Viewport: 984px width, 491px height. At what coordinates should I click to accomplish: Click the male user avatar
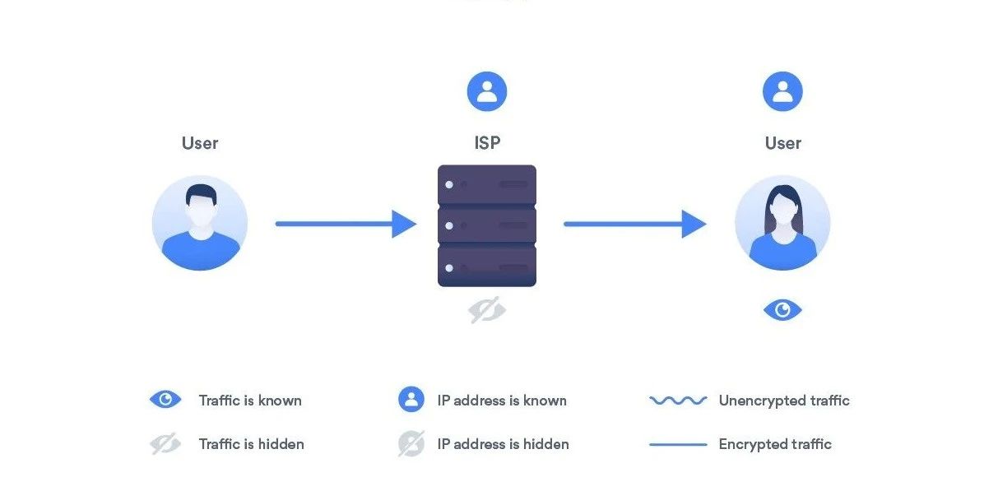pyautogui.click(x=200, y=223)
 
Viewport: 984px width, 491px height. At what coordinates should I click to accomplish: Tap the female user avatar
pyautogui.click(x=782, y=223)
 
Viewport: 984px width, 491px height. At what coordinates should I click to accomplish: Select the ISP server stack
pyautogui.click(x=487, y=225)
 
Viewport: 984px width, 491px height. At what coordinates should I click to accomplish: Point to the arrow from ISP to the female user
pyautogui.click(x=634, y=223)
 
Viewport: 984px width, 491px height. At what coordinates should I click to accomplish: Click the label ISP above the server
pyautogui.click(x=487, y=143)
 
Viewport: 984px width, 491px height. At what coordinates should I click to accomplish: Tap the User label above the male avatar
pyautogui.click(x=200, y=143)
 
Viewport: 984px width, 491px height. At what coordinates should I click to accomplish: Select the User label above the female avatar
pyautogui.click(x=782, y=143)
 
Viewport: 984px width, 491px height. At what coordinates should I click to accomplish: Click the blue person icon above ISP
pyautogui.click(x=487, y=91)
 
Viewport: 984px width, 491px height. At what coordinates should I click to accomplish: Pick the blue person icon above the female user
pyautogui.click(x=782, y=91)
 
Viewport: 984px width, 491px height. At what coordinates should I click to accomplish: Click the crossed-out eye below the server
pyautogui.click(x=487, y=311)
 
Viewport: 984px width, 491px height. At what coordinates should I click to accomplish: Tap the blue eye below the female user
pyautogui.click(x=782, y=310)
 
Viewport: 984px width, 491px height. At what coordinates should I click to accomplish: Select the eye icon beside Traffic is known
pyautogui.click(x=165, y=401)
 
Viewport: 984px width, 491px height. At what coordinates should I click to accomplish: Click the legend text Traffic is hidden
pyautogui.click(x=251, y=444)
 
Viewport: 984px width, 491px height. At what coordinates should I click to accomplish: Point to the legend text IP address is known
pyautogui.click(x=502, y=401)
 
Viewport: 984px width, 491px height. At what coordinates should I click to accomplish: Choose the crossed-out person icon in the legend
pyautogui.click(x=411, y=444)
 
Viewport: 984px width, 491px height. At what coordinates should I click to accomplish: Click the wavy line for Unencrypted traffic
pyautogui.click(x=678, y=401)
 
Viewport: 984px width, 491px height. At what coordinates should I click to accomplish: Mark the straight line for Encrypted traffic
pyautogui.click(x=678, y=444)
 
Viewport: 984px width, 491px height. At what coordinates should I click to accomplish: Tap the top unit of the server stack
pyautogui.click(x=487, y=185)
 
